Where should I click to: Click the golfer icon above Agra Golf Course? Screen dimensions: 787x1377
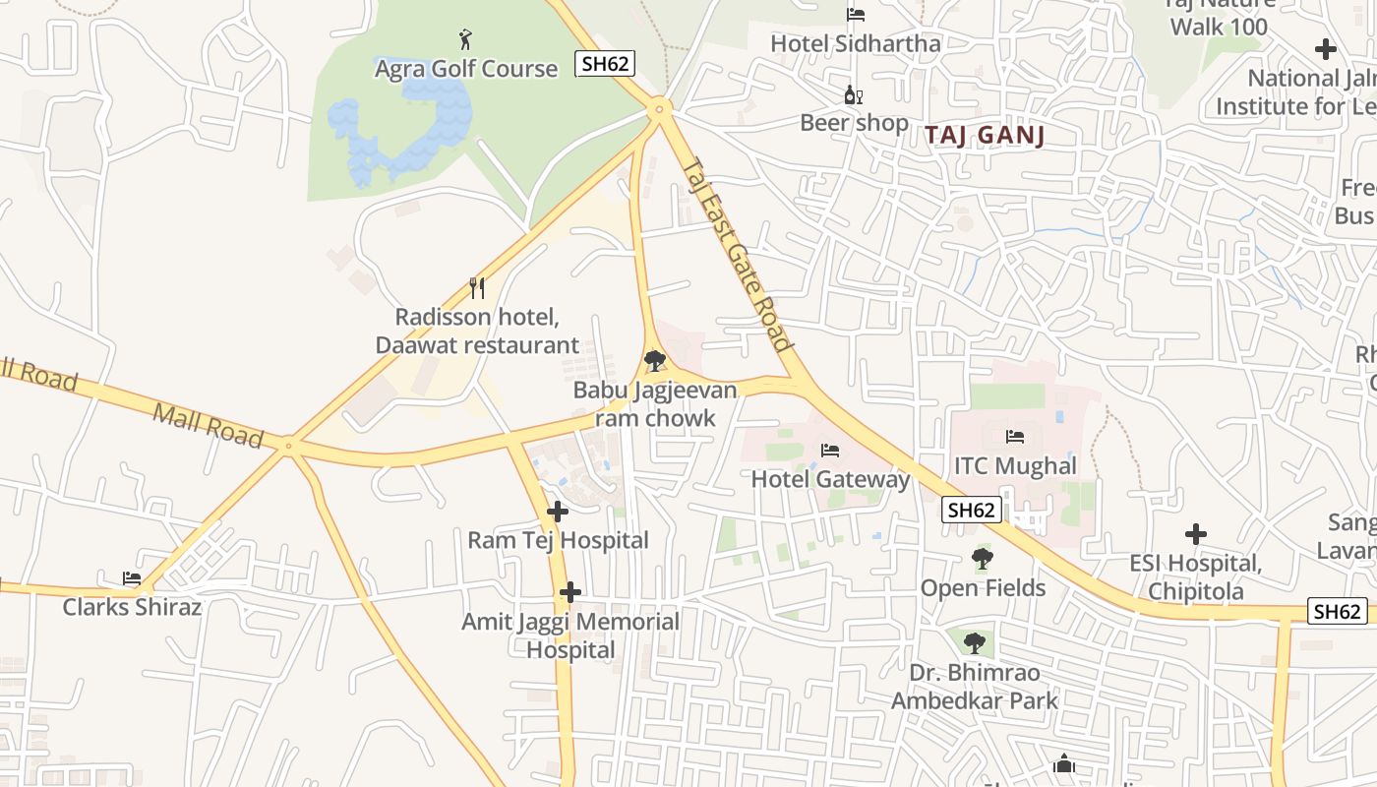point(466,40)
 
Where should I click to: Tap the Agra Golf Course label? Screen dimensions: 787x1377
point(466,69)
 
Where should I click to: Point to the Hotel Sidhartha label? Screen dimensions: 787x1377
point(855,43)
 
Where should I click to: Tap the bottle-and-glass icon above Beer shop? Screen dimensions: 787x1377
point(854,95)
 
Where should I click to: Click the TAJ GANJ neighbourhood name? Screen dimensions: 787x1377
point(985,136)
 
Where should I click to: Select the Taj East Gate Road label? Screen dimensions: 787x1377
point(738,254)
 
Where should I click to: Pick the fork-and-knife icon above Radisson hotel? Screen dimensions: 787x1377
point(478,288)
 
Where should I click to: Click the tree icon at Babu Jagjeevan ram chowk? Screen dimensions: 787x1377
point(654,361)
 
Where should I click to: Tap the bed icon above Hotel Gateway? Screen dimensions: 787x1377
point(830,451)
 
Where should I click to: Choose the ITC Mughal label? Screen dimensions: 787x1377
point(1015,465)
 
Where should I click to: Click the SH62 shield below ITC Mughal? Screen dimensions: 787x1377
point(972,510)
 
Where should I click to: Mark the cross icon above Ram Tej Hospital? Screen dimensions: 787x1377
point(558,512)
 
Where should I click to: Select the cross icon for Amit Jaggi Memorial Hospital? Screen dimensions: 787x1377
point(570,593)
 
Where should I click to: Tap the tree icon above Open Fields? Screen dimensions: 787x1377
point(982,559)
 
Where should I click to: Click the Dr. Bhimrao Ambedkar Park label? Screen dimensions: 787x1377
point(974,687)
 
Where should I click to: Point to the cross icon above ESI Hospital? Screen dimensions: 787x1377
point(1195,534)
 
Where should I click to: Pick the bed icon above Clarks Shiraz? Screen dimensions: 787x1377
point(131,578)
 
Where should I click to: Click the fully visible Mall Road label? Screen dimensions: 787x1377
point(209,424)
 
